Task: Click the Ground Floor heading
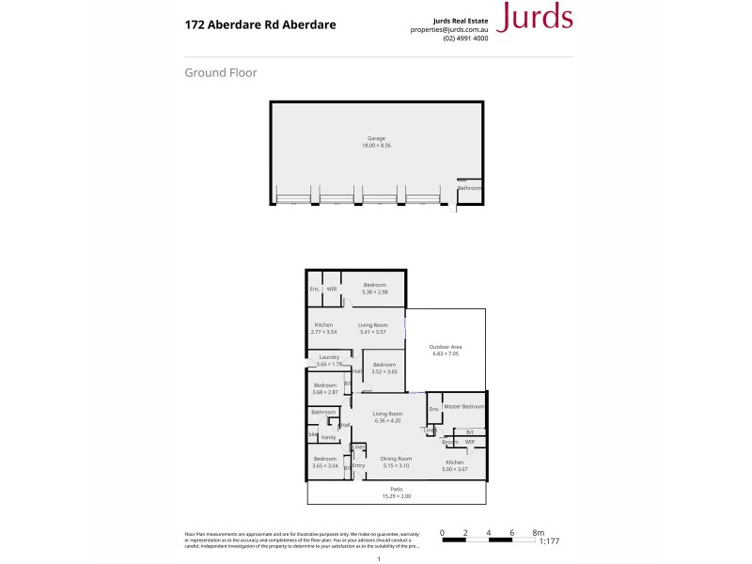point(221,72)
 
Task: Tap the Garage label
point(376,138)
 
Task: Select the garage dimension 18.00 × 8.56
point(376,146)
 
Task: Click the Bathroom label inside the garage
point(469,188)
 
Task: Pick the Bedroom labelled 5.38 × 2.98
point(375,284)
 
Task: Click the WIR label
point(332,289)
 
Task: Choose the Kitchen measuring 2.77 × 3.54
point(323,325)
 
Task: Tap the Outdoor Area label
point(446,347)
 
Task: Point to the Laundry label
point(329,357)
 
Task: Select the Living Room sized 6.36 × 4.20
point(387,414)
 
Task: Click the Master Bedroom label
point(463,406)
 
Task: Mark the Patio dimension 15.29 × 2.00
point(397,495)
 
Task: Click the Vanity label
point(328,437)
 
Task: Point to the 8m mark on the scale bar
point(538,532)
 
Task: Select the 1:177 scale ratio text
point(549,540)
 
